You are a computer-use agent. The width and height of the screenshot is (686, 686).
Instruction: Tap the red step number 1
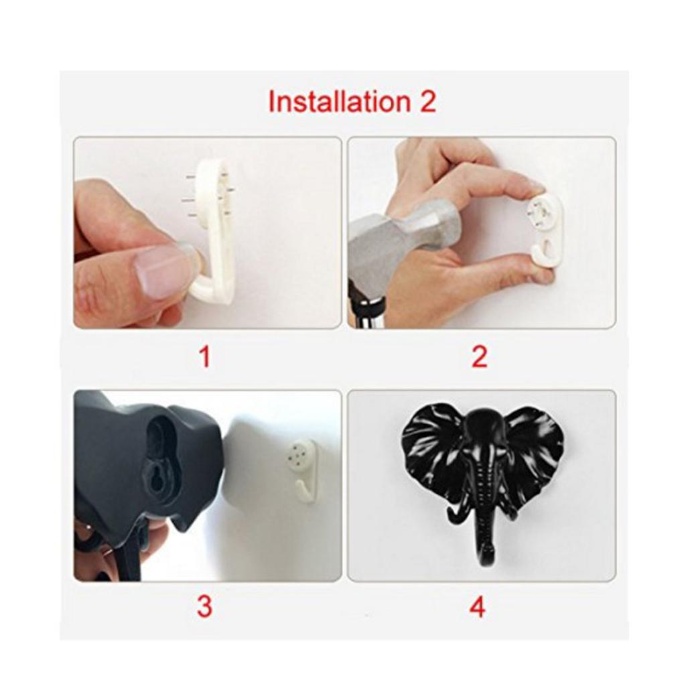(205, 356)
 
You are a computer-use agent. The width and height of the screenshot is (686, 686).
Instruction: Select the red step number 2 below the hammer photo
(479, 356)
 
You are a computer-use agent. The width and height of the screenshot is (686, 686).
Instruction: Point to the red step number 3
(204, 606)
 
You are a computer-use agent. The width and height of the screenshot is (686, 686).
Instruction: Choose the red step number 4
(477, 607)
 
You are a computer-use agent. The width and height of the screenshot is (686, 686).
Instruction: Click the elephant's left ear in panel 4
(432, 449)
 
